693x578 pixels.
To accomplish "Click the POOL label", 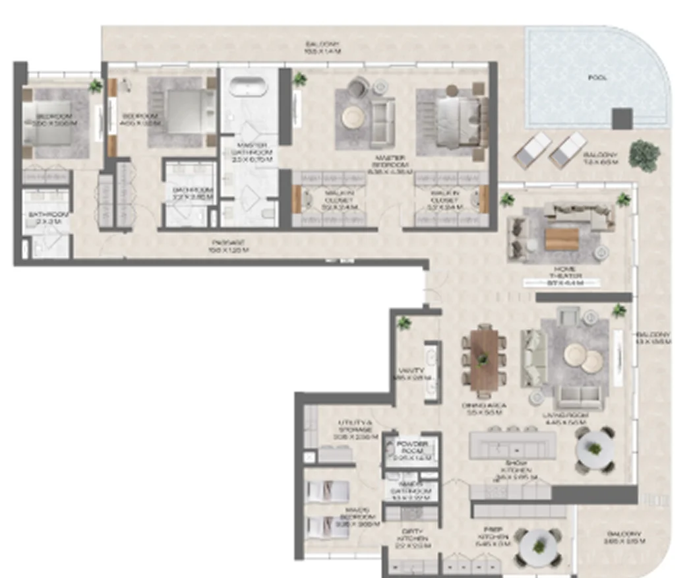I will click(x=597, y=78).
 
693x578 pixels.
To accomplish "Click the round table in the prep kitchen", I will click(x=540, y=546).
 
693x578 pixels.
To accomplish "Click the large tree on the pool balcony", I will click(x=644, y=156).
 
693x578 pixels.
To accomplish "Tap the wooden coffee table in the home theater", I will click(x=562, y=238).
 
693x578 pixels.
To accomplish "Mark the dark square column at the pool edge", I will click(x=621, y=119).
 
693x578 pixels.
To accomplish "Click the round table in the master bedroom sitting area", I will click(x=351, y=117).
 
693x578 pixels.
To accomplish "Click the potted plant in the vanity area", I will click(x=404, y=323).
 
